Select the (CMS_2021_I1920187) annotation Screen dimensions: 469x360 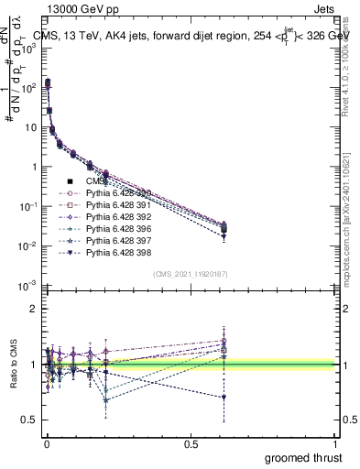tap(190, 274)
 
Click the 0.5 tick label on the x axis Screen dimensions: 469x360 tap(190, 444)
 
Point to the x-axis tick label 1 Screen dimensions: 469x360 tap(335, 444)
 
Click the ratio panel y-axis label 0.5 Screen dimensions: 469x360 tap(29, 420)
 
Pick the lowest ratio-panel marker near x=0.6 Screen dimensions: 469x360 tap(224, 397)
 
